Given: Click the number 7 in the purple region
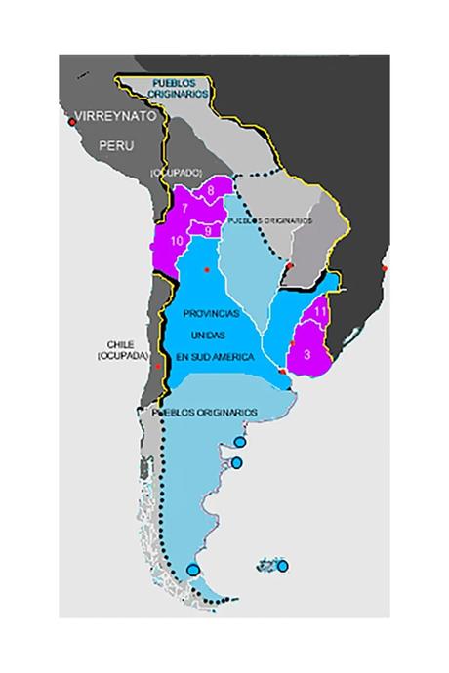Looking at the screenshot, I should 184,208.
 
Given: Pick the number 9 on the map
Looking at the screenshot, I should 208,229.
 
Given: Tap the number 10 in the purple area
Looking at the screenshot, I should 176,240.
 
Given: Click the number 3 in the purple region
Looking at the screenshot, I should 307,356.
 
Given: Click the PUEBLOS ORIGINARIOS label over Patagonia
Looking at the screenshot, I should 204,413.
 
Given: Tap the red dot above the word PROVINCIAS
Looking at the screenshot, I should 207,269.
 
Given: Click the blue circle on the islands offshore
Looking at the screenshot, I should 282,566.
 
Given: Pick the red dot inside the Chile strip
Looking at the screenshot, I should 153,364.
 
